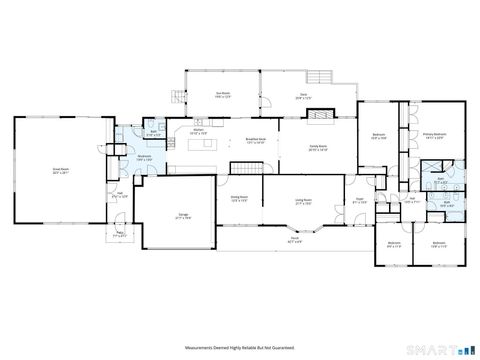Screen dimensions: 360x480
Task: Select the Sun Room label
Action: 222,96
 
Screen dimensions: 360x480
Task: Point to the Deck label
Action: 304,96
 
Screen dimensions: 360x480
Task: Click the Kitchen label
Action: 198,131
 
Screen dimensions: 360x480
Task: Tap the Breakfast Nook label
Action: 255,141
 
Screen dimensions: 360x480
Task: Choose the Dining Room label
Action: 240,199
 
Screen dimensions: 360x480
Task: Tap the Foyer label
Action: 357,199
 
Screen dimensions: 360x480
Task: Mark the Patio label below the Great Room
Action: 120,236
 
